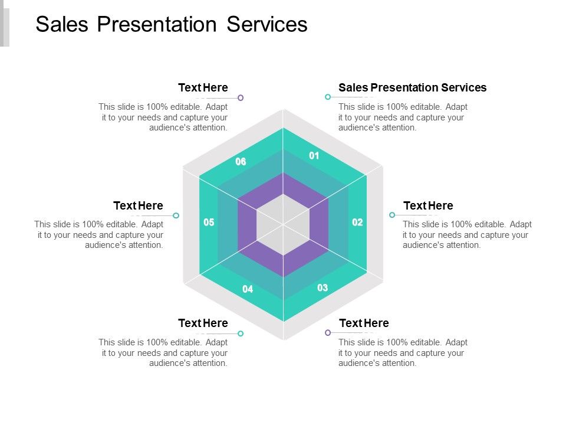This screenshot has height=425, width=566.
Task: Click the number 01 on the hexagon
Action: click(x=314, y=156)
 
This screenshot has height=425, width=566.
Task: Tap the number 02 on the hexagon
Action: click(x=357, y=223)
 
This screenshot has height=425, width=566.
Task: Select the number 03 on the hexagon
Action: click(x=323, y=288)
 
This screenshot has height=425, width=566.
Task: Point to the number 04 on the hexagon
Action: click(x=248, y=289)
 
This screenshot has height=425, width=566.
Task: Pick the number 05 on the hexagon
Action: click(x=209, y=223)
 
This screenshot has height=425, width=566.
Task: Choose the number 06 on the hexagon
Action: click(x=241, y=162)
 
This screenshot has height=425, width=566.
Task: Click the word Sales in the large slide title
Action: click(x=61, y=24)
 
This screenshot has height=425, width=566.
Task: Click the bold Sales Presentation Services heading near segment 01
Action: click(x=412, y=88)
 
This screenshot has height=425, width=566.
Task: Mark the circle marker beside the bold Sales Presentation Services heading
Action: click(x=327, y=97)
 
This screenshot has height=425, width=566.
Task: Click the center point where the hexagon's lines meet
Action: click(x=284, y=225)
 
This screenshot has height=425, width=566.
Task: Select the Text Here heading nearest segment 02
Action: click(x=428, y=206)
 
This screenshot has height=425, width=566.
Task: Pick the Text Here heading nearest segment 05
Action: click(x=138, y=206)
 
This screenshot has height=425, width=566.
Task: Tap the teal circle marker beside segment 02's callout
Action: click(x=392, y=215)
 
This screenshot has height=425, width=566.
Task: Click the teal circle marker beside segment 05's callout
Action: click(x=176, y=215)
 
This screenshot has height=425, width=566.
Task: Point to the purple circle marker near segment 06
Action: click(x=241, y=97)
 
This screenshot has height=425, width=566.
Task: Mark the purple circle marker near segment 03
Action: click(x=328, y=333)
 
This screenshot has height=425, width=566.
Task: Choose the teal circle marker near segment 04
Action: click(x=241, y=334)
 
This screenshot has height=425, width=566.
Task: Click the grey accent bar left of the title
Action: click(x=5, y=27)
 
